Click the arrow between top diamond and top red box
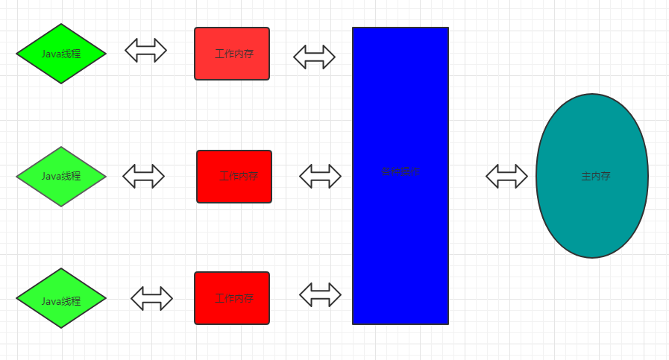(145, 50)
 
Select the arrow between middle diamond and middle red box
(143, 176)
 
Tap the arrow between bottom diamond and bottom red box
(151, 298)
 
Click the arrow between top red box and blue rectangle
(314, 57)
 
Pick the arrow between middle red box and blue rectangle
(320, 176)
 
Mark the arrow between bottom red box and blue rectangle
(320, 294)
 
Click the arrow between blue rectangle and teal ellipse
(506, 176)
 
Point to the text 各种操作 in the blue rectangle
(401, 171)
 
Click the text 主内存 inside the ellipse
(596, 177)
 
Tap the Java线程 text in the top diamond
(61, 54)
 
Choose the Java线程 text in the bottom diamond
(61, 301)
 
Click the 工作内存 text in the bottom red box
(235, 298)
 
